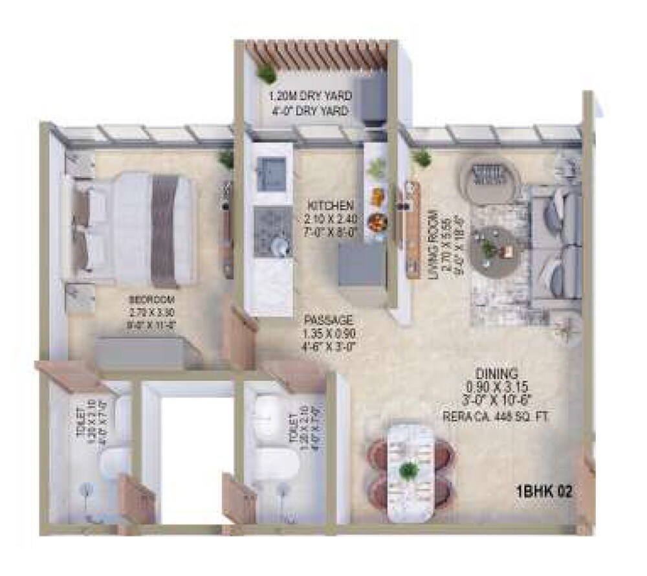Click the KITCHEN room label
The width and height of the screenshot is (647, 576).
330,205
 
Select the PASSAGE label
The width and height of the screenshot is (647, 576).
329,320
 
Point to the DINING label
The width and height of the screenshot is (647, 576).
496,373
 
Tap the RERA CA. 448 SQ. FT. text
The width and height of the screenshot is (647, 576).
496,417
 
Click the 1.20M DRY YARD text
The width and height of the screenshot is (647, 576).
311,96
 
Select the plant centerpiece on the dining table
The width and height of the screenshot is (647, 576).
408,470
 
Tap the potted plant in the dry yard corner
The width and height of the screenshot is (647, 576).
266,74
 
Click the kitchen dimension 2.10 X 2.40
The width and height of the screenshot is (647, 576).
330,218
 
